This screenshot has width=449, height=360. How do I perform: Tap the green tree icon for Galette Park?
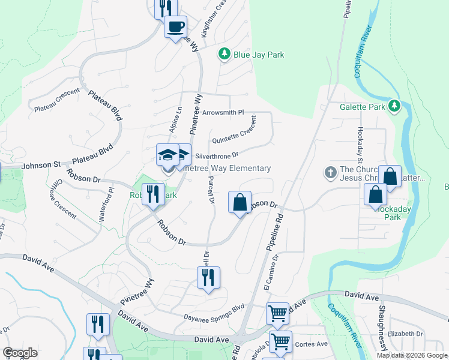click(x=394, y=106)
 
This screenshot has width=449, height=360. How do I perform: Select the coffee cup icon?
click(x=175, y=27)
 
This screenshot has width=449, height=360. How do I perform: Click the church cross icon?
click(x=330, y=173)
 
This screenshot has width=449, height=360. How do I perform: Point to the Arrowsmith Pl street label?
click(x=223, y=112)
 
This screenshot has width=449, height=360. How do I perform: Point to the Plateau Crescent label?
click(x=57, y=101)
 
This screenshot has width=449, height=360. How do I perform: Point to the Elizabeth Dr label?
click(x=406, y=334)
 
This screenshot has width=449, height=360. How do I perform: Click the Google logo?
click(x=20, y=353)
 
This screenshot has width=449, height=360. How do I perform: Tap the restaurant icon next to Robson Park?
click(x=153, y=194)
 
